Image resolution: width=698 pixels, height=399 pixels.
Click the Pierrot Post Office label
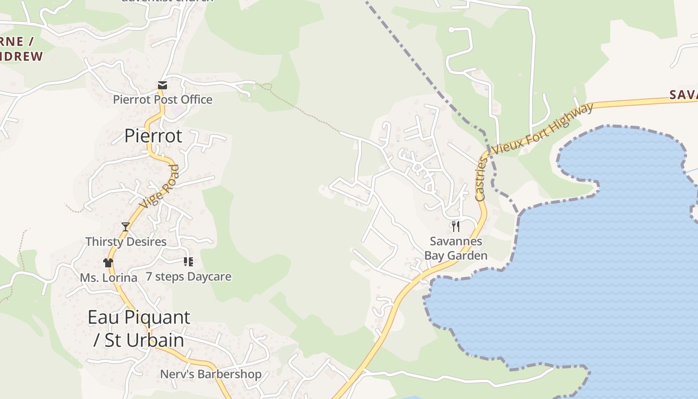[x=163, y=99]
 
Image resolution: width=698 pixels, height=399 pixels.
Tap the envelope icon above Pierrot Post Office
[x=163, y=85]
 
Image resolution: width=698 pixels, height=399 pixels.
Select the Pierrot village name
[x=153, y=136]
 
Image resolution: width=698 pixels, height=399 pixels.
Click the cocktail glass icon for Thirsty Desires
[x=126, y=227]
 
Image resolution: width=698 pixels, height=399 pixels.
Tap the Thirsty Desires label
[x=126, y=242]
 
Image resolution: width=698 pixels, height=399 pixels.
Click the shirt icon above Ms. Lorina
[x=108, y=263]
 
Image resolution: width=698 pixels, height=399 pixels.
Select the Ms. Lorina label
[x=109, y=277]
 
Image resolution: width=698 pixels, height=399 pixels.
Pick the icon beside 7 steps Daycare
[x=188, y=261]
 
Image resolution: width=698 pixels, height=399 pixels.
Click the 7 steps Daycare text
[x=188, y=276]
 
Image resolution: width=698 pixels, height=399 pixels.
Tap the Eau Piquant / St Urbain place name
[x=139, y=328]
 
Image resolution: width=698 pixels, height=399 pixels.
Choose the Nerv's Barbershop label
[x=210, y=374]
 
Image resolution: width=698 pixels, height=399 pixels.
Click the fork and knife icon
[x=455, y=226]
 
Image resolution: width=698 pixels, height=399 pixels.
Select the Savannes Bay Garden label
[x=456, y=248]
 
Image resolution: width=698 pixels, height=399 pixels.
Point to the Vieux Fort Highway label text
[x=543, y=128]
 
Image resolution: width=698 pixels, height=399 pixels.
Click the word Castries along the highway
[x=481, y=180]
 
